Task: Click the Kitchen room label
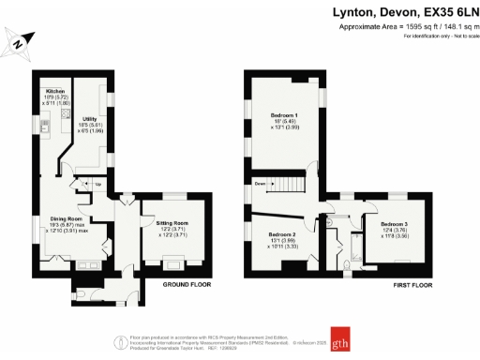(x=53, y=91)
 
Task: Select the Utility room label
(x=91, y=120)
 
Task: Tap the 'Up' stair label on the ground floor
(x=99, y=184)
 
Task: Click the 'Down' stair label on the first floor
(x=259, y=184)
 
